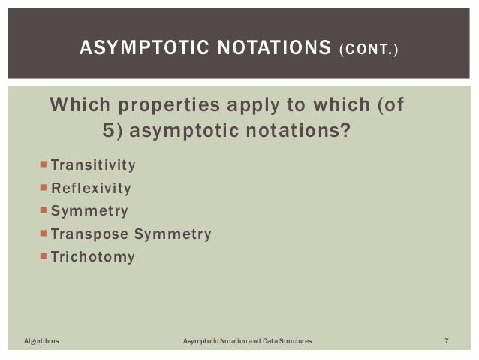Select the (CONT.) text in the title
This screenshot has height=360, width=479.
pos(369,50)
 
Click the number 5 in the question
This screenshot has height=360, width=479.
pos(107,132)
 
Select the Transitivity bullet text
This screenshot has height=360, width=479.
pos(93,165)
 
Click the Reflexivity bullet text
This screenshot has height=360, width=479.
pos(91,188)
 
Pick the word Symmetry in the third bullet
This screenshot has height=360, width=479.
pos(89,211)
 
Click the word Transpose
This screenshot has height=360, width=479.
pos(88,234)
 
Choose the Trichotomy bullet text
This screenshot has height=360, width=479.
pos(93,257)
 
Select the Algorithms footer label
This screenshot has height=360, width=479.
pos(41,342)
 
